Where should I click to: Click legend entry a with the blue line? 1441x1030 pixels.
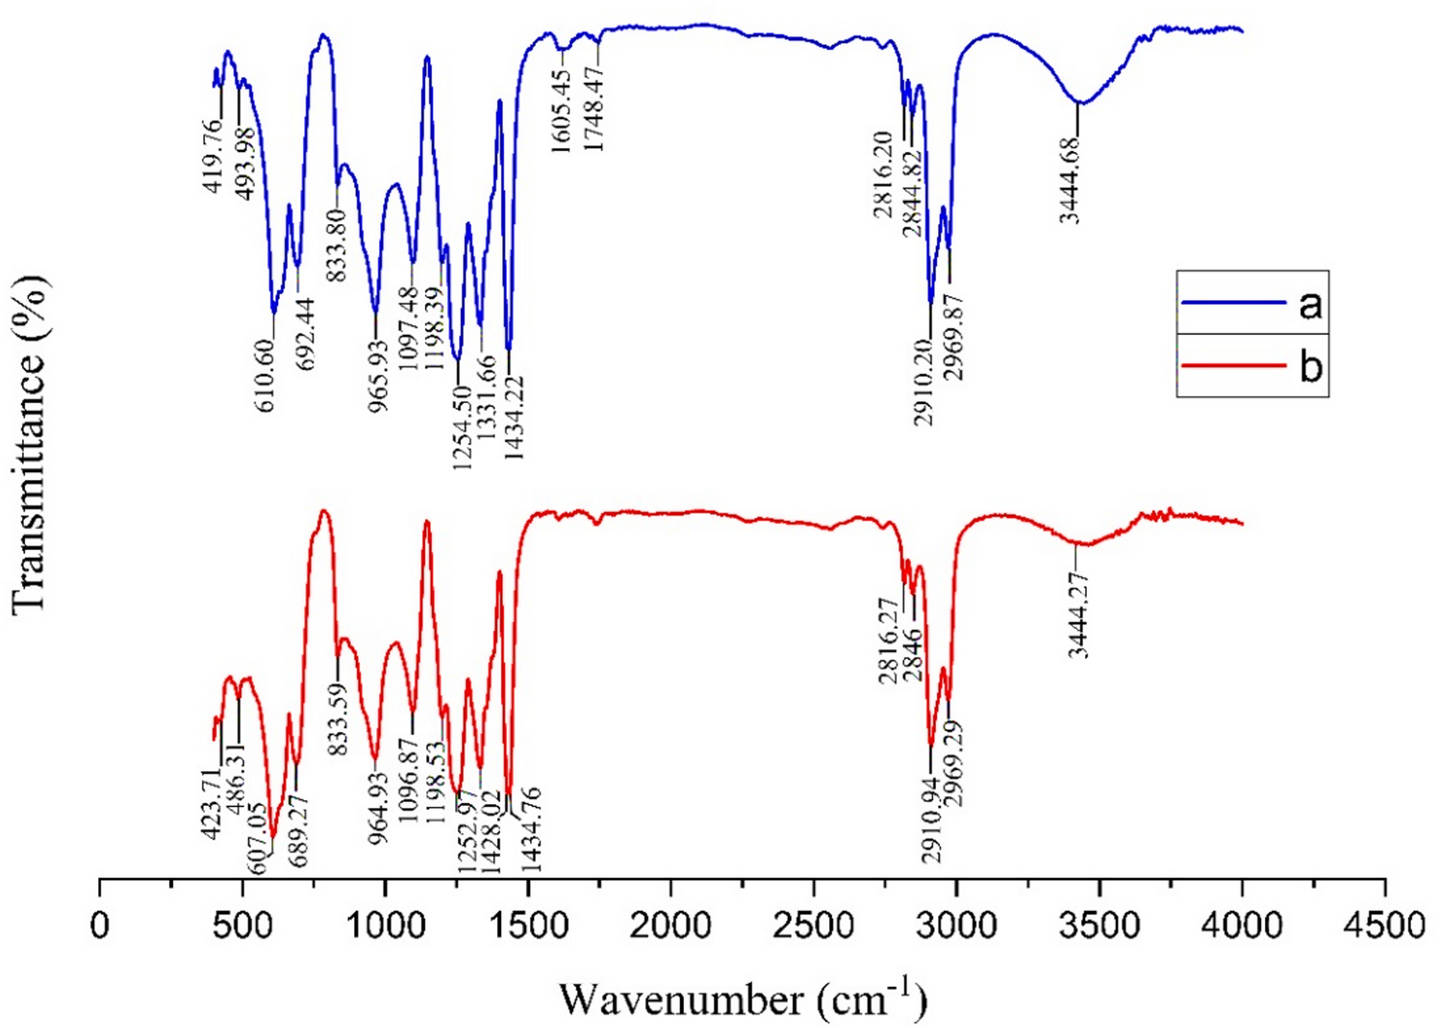(x=1251, y=304)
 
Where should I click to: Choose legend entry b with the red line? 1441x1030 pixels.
(x=1251, y=366)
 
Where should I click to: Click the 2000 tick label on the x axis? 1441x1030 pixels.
(x=670, y=926)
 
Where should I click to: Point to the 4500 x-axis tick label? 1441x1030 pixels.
(x=1384, y=926)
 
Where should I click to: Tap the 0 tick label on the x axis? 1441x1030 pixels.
(x=100, y=926)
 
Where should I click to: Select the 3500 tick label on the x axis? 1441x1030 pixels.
(x=1099, y=926)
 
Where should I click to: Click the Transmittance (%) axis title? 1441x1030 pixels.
(x=31, y=442)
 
